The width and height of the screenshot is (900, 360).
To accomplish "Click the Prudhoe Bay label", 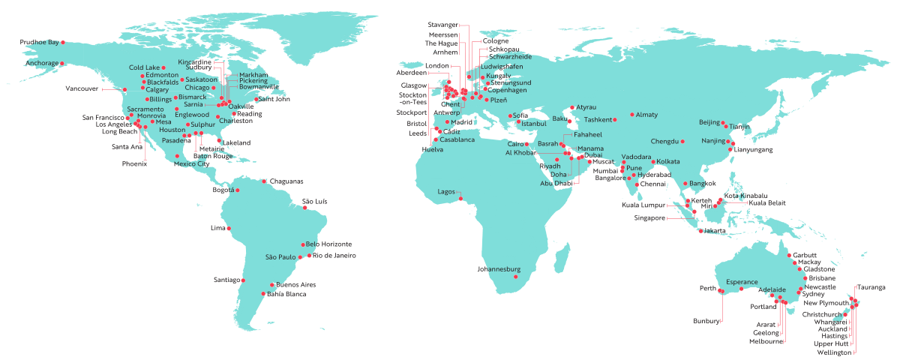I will (40, 42).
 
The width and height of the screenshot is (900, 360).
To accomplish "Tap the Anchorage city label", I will (42, 64).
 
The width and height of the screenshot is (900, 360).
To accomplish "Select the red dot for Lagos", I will (461, 199).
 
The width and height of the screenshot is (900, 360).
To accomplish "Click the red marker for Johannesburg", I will (516, 277).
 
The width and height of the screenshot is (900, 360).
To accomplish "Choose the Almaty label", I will (646, 115).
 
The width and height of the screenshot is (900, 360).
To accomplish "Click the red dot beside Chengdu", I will (682, 141).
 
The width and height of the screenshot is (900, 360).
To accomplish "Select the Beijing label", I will (709, 121).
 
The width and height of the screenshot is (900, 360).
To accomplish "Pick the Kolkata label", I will (668, 161).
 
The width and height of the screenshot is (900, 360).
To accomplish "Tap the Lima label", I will (217, 227).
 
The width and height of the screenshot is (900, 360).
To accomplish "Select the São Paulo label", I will (280, 257).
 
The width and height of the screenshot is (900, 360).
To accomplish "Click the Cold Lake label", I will (145, 67).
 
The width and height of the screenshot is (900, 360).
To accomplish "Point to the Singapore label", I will (649, 218).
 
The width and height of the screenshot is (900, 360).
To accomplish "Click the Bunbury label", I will (707, 321).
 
